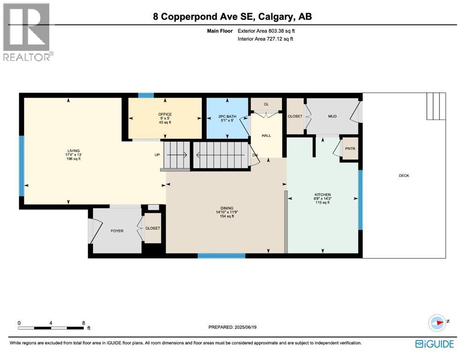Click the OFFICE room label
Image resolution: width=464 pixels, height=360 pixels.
[x=165, y=114]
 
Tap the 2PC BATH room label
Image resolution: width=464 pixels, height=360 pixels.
[x=227, y=116]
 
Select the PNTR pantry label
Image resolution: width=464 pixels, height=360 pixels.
[x=350, y=149]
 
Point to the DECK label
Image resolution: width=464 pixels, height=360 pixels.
[x=404, y=176]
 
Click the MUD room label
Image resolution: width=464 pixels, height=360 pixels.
[x=332, y=116]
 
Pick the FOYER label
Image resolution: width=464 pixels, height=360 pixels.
[x=117, y=231]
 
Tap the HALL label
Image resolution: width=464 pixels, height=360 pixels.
[x=266, y=135]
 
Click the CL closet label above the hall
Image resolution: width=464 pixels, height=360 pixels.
[x=266, y=104]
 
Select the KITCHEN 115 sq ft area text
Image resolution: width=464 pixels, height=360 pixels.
[x=322, y=202]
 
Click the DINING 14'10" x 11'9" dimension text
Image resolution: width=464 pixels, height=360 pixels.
[x=227, y=212]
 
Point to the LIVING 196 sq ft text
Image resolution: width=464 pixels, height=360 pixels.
[x=74, y=159]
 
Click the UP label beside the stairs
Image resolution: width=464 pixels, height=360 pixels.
[x=157, y=155]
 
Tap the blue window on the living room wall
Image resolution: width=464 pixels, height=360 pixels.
[x=21, y=166]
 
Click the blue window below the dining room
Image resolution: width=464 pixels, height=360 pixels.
[x=221, y=256]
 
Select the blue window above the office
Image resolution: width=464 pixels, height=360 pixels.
[x=146, y=95]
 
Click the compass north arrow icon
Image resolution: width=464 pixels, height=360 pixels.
[x=437, y=322]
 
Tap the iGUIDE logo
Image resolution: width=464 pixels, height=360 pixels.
[x=434, y=344]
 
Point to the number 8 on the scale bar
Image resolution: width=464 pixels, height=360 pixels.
[x=83, y=323]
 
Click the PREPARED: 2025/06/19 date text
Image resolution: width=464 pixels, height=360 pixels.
[x=232, y=327]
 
